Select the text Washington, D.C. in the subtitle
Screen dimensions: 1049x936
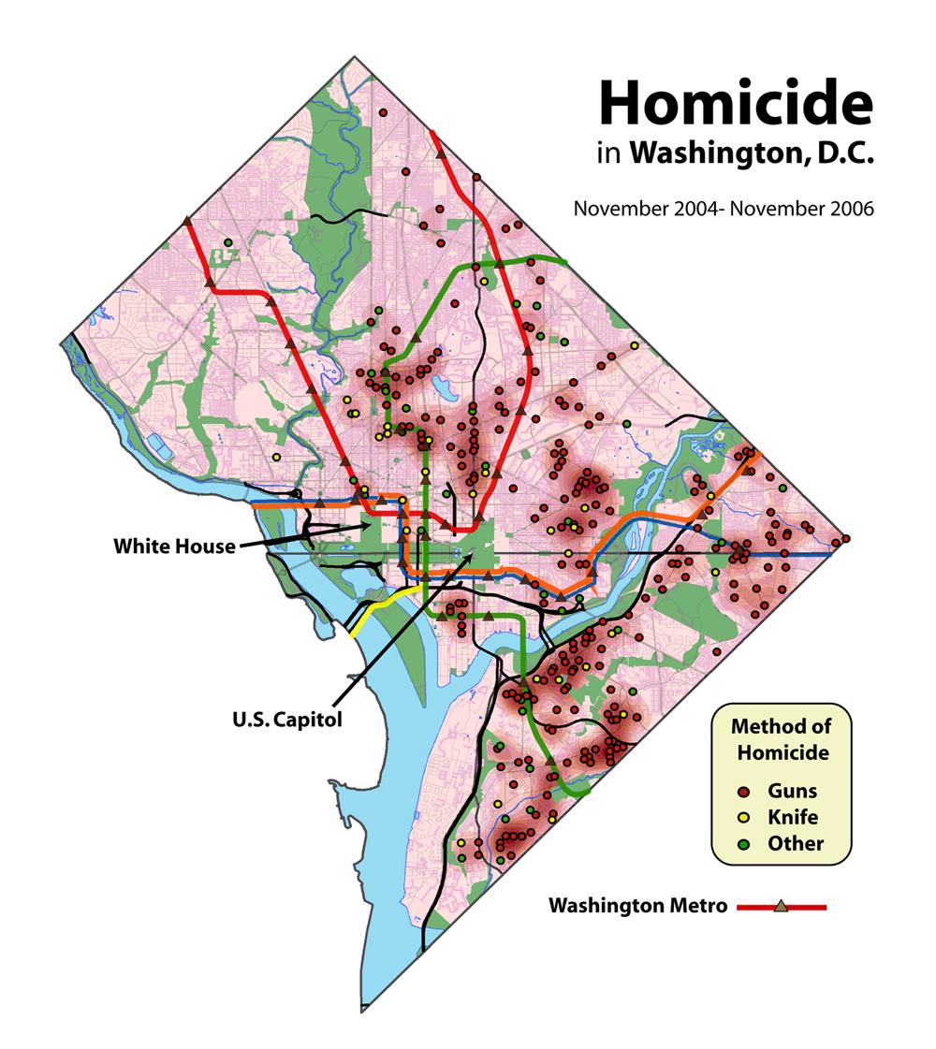752,154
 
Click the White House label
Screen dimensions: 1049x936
175,546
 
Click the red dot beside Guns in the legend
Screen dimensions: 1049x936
741,792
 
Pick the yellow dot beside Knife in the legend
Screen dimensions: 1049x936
741,817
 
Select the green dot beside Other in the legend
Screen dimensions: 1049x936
741,843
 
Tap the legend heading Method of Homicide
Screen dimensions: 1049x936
781,738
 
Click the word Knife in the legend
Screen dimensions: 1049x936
792,817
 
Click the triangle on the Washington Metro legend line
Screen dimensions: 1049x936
781,906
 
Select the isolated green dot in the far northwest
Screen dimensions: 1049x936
227,242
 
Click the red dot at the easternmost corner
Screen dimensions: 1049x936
846,539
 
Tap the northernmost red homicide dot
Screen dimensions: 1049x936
382,112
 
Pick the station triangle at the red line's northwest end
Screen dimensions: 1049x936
188,221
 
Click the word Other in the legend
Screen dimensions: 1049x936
796,843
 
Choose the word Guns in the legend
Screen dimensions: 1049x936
793,792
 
